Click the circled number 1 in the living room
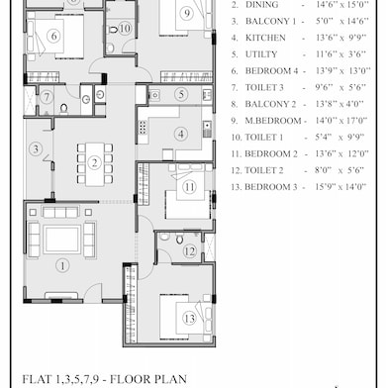pyautogui.click(x=61, y=264)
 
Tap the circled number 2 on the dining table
pyautogui.click(x=94, y=163)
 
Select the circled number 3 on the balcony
pyautogui.click(x=35, y=149)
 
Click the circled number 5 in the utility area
pyautogui.click(x=181, y=94)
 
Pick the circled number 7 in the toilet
pyautogui.click(x=48, y=96)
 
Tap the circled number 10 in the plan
pyautogui.click(x=125, y=29)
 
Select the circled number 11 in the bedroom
pyautogui.click(x=189, y=186)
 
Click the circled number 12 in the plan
pyautogui.click(x=189, y=251)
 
